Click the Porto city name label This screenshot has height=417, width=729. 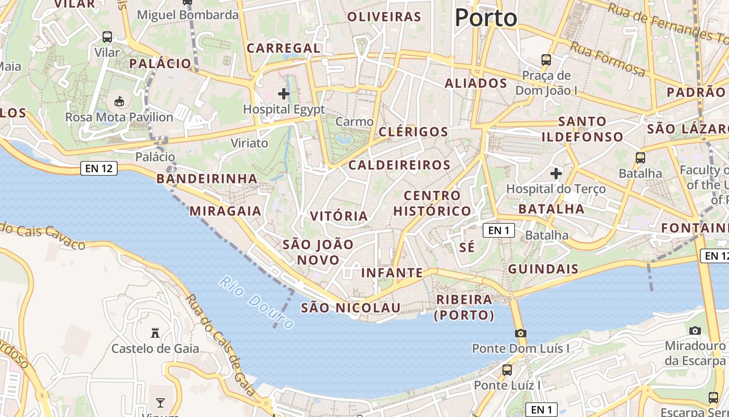click(486, 18)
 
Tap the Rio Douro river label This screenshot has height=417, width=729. click(257, 302)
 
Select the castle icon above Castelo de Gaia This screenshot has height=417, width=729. click(155, 333)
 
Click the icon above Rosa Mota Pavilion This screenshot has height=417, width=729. click(119, 101)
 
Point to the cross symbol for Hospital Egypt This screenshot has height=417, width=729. click(284, 94)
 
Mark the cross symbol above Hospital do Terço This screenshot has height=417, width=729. click(556, 173)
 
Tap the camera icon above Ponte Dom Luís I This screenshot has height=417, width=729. click(520, 333)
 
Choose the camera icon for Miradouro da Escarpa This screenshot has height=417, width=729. click(695, 330)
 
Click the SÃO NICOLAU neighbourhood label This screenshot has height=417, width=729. click(351, 308)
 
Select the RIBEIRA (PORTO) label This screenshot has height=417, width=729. click(464, 307)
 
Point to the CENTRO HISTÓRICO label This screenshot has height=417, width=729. click(432, 203)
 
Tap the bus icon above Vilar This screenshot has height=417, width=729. click(107, 37)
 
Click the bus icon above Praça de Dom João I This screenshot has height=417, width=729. click(546, 59)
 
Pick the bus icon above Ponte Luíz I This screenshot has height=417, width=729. click(507, 370)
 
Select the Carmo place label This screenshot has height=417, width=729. click(355, 121)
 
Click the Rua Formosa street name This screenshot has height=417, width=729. click(608, 58)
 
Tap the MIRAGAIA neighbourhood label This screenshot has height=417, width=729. click(225, 211)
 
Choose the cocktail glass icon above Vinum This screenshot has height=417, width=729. click(160, 402)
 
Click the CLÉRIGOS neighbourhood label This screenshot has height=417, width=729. click(413, 131)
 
